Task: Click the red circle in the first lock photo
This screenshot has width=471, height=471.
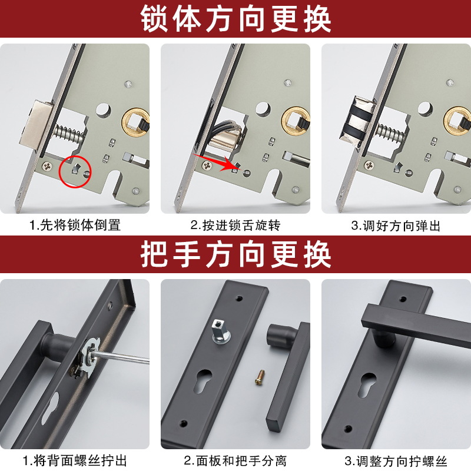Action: click(x=60, y=173)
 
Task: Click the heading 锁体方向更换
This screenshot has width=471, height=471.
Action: click(x=236, y=19)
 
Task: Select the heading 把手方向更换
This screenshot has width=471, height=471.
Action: click(x=236, y=254)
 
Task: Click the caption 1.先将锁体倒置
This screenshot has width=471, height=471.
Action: click(x=75, y=225)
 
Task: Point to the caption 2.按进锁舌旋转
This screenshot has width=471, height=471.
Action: click(x=235, y=225)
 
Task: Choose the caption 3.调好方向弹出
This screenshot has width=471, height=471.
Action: click(x=396, y=225)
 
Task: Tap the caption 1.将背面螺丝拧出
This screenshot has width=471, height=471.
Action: click(x=75, y=461)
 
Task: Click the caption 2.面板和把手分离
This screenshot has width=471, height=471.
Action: click(x=235, y=461)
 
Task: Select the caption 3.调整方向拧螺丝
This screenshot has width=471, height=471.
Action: click(x=396, y=461)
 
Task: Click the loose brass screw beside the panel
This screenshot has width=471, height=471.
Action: click(x=259, y=377)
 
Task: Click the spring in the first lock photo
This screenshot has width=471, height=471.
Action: click(x=68, y=134)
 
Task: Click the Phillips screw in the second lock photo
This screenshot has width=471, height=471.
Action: click(x=207, y=165)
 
